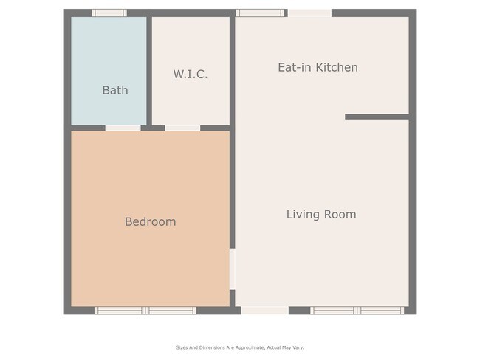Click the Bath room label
[114, 90]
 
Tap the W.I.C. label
[191, 74]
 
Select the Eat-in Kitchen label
[318, 67]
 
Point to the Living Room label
[320, 215]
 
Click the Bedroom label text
[150, 221]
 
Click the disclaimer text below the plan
[239, 347]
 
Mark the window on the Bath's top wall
[109, 13]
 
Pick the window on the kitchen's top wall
[260, 13]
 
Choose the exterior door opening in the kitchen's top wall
[309, 13]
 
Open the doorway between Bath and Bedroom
[123, 128]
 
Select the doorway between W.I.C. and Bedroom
[182, 128]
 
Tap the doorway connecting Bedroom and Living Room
[232, 269]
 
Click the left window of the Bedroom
[120, 311]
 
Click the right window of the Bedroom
[171, 311]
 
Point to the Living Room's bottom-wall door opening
[264, 311]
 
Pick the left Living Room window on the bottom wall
[333, 311]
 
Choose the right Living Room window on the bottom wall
[381, 311]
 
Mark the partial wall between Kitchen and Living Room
[377, 117]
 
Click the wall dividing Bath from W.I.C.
[148, 71]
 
